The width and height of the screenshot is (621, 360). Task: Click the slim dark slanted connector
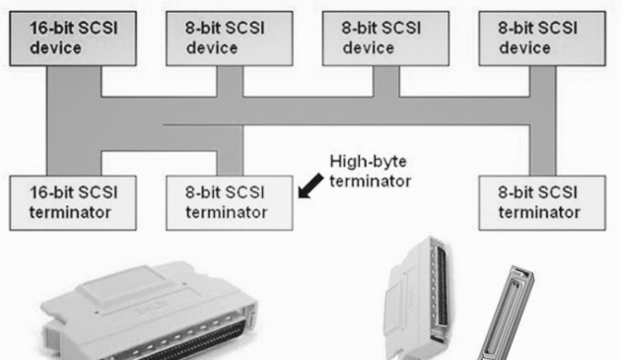(x=504, y=316)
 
